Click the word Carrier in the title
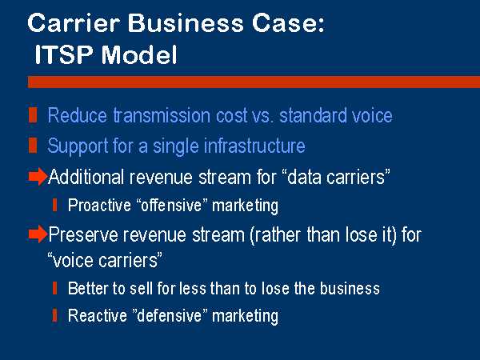coord(74,23)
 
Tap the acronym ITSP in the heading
coord(64,54)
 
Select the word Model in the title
coord(139,54)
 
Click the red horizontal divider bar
coord(254,82)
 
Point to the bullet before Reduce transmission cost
coord(33,115)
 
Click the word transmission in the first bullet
coord(162,115)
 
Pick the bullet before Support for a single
coord(33,145)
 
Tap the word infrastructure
coord(254,146)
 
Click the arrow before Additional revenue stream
coord(38,176)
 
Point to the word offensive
coord(171,205)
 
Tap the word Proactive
coord(99,205)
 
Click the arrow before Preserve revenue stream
coord(38,234)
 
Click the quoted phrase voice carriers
coord(105,260)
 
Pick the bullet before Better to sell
coord(54,288)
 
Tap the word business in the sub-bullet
coord(350,288)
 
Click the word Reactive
coord(98,315)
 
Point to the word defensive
coord(170,315)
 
